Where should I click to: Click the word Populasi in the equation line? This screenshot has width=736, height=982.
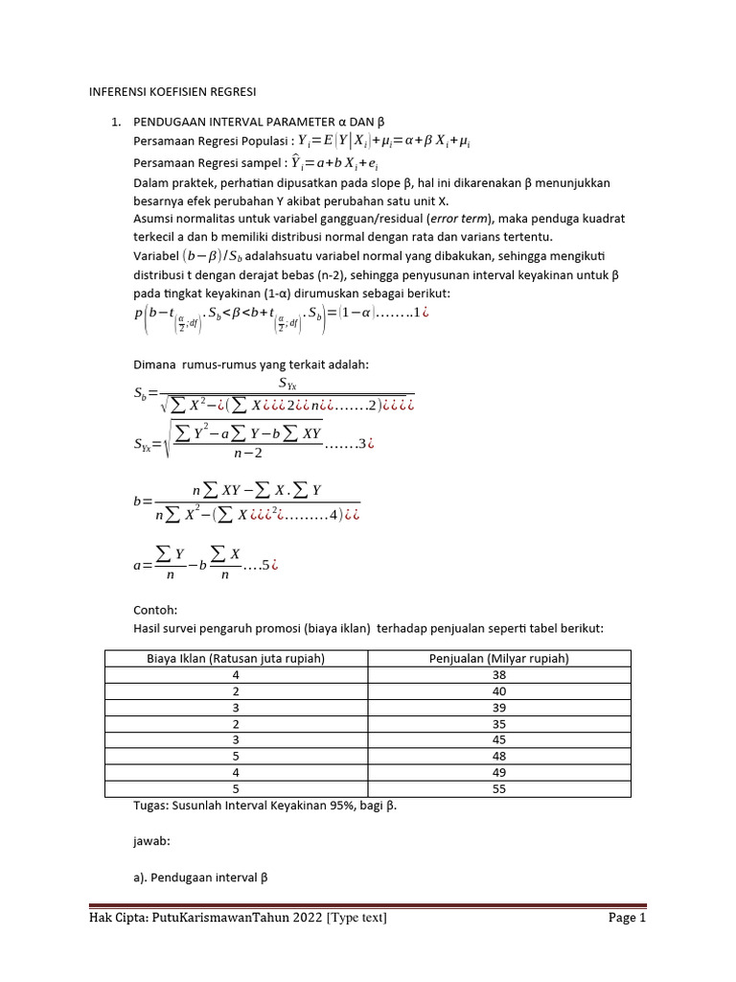(253, 142)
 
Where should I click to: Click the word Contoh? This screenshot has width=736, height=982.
(155, 609)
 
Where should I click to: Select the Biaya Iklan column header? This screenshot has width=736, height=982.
(236, 657)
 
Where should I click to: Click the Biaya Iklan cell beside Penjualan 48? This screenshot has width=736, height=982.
(236, 756)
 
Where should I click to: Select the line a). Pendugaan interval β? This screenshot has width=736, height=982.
(200, 876)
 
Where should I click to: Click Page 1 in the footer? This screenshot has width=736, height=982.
(628, 918)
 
